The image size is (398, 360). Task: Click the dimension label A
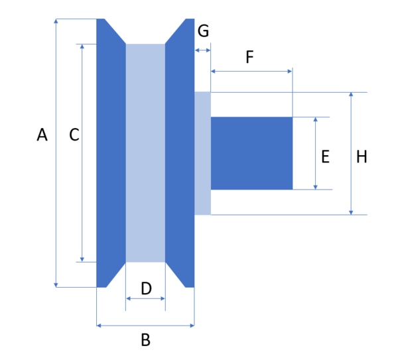[42, 135]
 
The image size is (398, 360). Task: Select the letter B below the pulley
[145, 341]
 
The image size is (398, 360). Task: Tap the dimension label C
[74, 135]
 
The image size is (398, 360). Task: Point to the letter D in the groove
[146, 288]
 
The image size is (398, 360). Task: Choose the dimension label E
[325, 157]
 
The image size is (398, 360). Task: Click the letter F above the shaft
[249, 58]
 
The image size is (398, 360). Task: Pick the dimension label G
[203, 31]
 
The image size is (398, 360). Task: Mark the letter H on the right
[362, 157]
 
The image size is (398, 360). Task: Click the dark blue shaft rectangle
[251, 153]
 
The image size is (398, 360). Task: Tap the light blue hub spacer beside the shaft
[202, 153]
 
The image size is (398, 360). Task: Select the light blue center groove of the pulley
[145, 153]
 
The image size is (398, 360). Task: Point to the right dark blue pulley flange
[180, 153]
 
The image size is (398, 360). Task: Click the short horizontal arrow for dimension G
[202, 50]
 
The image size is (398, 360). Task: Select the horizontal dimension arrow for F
[251, 71]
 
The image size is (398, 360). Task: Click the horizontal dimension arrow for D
[145, 299]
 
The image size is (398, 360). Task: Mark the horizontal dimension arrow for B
[145, 326]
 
